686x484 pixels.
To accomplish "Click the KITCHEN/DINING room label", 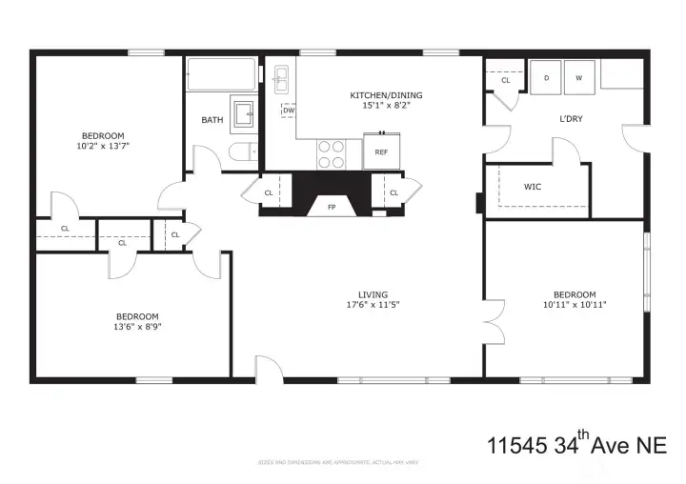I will click(386, 95).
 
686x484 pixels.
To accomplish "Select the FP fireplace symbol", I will click(332, 207).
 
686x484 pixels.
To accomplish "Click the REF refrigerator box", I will click(381, 151).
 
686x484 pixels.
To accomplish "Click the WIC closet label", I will click(533, 187).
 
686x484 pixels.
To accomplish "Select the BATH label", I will click(212, 120).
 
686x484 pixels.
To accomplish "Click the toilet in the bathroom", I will click(242, 151).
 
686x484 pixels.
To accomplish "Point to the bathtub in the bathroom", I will click(221, 74).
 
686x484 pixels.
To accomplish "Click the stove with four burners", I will click(331, 154).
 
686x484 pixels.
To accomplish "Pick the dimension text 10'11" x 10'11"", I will click(568, 306).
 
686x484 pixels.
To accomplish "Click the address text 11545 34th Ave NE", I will click(575, 444).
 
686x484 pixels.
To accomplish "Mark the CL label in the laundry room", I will click(506, 81).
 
